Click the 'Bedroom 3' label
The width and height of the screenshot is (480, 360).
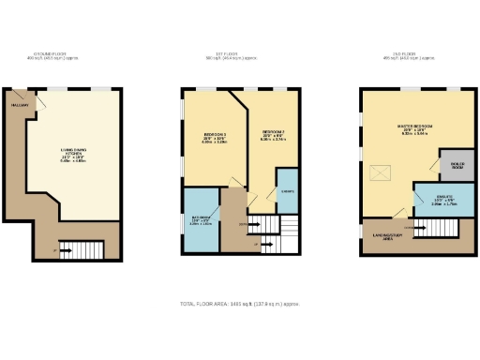tap(215, 138)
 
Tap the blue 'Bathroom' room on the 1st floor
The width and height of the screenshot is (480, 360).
tap(202, 220)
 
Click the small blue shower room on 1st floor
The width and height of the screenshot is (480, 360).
tap(287, 190)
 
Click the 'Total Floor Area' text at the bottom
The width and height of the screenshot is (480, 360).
tap(240, 305)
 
